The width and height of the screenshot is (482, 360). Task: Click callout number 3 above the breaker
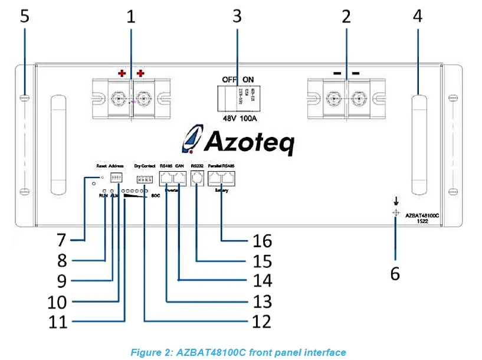click(237, 16)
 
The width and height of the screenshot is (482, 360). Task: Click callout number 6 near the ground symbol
click(395, 273)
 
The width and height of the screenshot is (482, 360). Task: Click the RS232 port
click(199, 178)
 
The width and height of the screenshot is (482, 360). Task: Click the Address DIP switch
click(116, 177)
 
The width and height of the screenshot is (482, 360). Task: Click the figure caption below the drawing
click(238, 352)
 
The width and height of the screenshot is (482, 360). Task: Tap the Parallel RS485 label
click(222, 166)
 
